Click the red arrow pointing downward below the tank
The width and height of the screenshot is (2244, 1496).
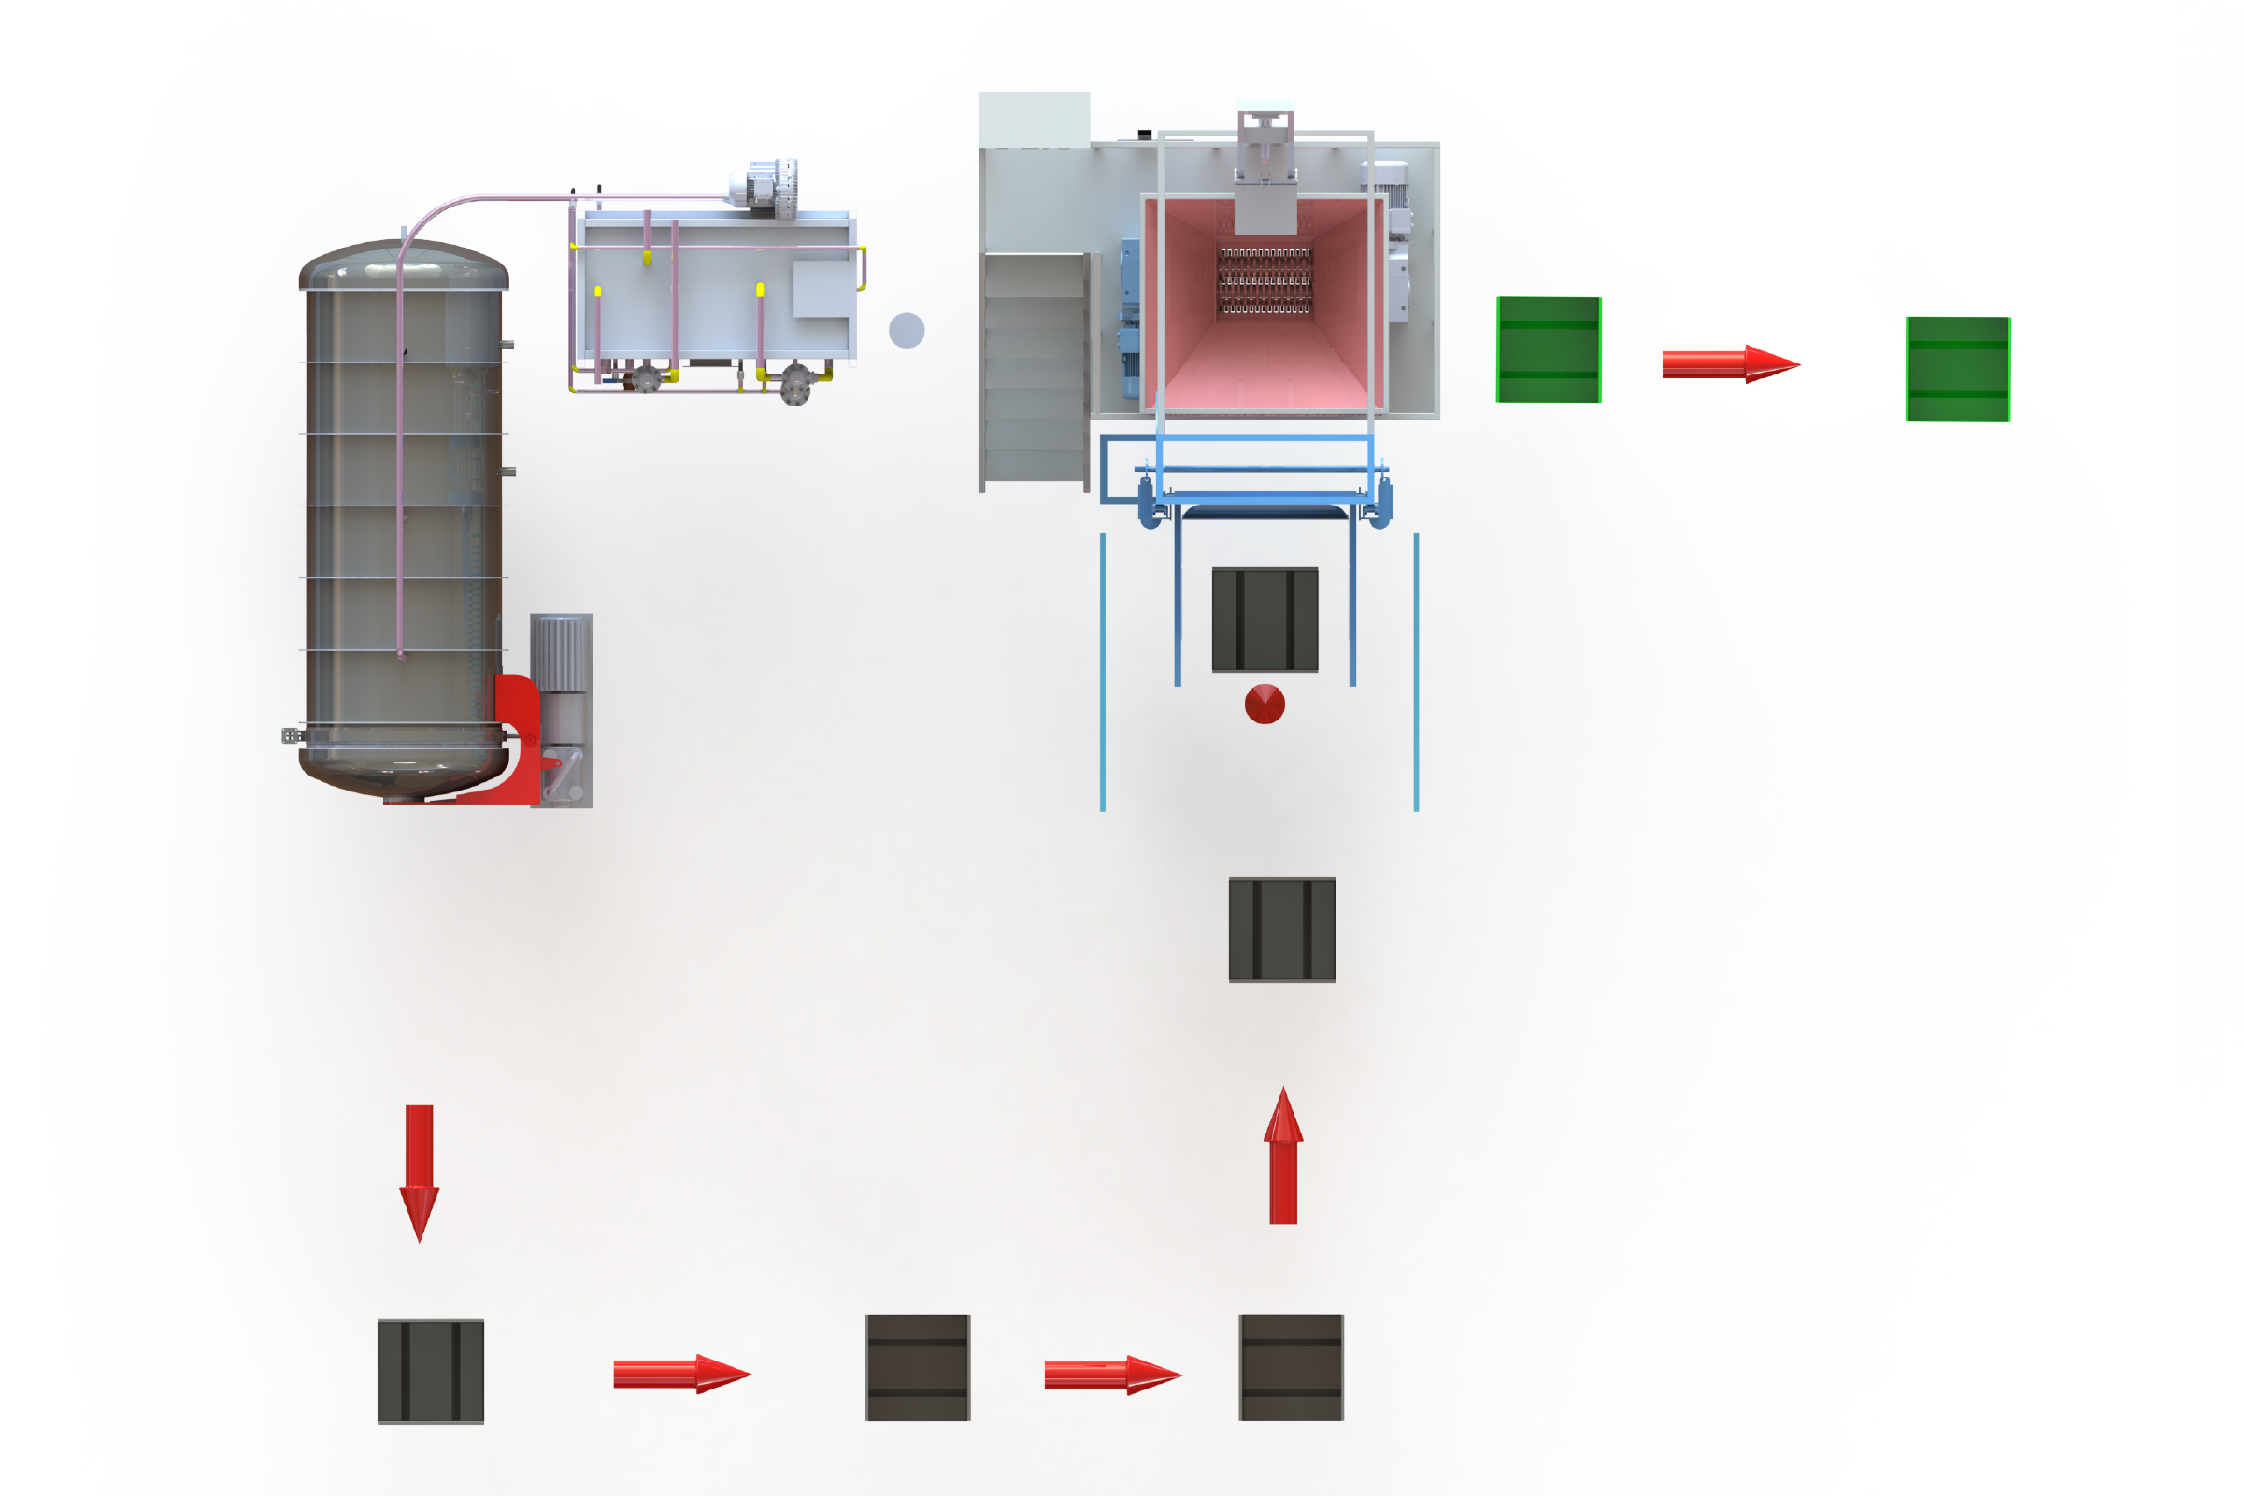coord(419,1172)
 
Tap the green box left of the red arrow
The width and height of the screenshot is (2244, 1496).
coord(1549,349)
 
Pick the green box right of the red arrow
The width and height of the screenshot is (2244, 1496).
coord(1958,369)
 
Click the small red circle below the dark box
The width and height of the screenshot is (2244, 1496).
coord(1265,705)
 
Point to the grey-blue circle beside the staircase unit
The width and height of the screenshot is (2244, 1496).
coord(907,330)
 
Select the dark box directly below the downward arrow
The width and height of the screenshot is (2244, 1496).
coord(430,1371)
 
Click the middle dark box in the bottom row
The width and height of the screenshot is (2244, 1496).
coord(918,1367)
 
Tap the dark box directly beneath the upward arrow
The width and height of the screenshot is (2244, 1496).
coord(1291,1367)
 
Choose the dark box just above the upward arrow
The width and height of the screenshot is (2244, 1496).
coord(1281,929)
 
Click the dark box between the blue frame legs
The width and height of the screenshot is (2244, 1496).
coord(1265,620)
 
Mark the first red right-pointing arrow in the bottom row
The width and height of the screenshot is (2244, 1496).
coord(681,1374)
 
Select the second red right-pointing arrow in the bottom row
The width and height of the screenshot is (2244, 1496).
coord(1112,1375)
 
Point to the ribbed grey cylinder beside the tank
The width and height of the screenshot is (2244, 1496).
coord(561,653)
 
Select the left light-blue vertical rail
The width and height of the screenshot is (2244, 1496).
coord(1103,672)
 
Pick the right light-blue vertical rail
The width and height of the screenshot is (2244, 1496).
coord(1416,672)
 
